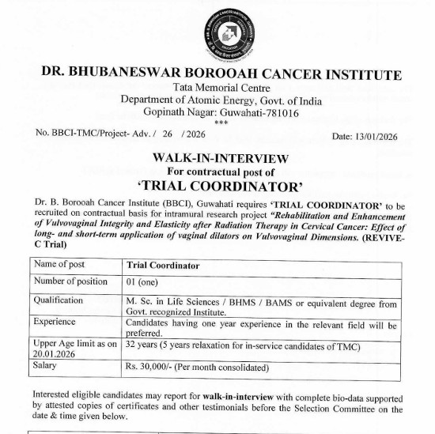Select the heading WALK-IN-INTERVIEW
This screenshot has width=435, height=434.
(x=221, y=158)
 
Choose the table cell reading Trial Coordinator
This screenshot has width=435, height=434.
(x=163, y=266)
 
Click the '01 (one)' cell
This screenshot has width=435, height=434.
(x=142, y=281)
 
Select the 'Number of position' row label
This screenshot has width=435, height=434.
(x=71, y=281)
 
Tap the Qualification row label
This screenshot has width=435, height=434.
(x=59, y=300)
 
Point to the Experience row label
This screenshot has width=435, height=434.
(x=55, y=323)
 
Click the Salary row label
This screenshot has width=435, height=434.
(x=47, y=366)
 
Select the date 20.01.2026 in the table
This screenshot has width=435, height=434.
(x=59, y=353)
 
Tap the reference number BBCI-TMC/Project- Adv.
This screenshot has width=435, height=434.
(x=103, y=133)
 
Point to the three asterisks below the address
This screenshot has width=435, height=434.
(x=221, y=123)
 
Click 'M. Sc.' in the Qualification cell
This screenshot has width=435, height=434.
(x=139, y=304)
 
